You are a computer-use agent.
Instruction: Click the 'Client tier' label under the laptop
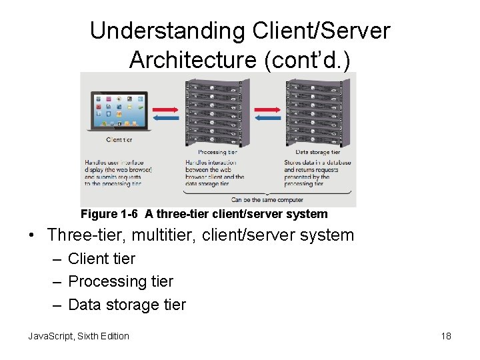click(x=119, y=140)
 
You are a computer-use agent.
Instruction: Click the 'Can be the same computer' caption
click(x=267, y=199)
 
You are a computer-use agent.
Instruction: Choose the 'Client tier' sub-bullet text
click(x=101, y=259)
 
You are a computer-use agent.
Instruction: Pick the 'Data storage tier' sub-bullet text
click(x=127, y=305)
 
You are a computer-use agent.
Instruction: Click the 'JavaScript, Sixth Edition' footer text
click(x=79, y=336)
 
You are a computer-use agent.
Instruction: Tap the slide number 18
click(x=446, y=336)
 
